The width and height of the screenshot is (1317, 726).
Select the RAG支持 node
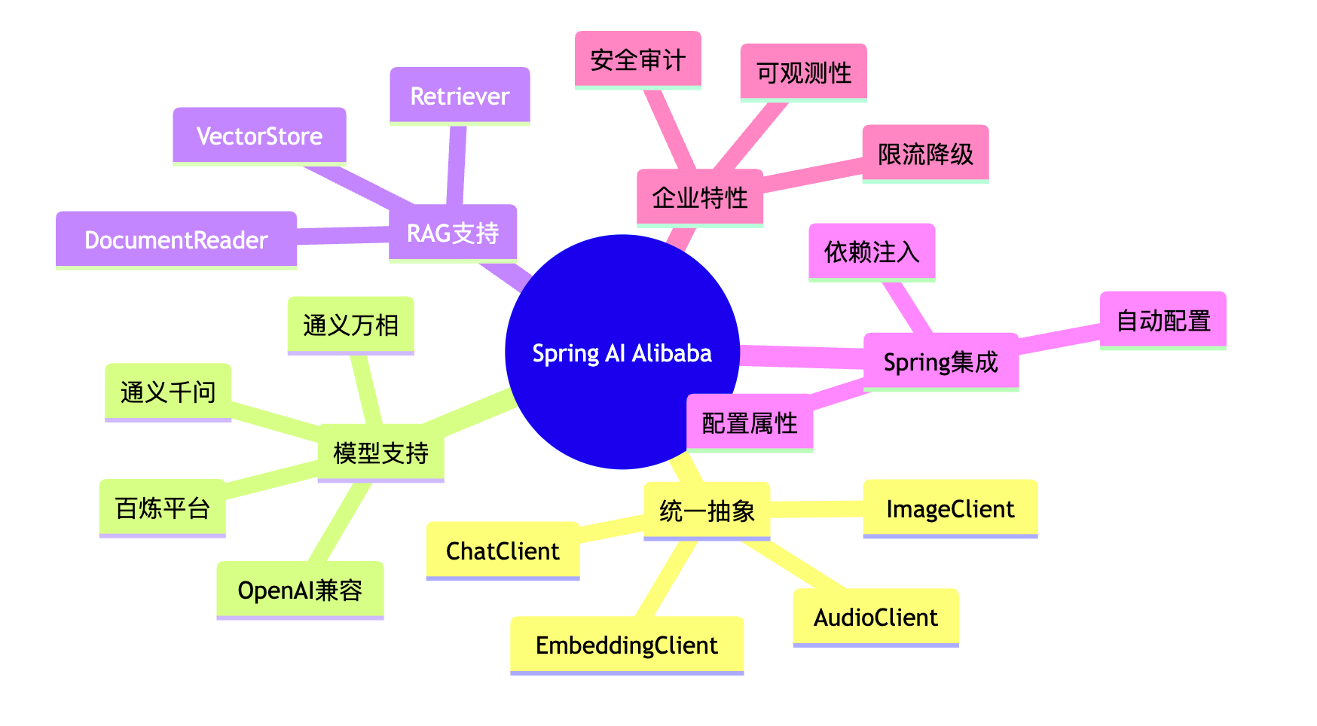coord(453,233)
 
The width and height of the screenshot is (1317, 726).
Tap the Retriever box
coord(460,96)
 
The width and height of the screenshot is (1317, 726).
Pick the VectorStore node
coord(259,136)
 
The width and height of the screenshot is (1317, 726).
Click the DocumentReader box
coord(176,239)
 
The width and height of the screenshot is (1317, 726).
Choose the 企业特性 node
coord(700,197)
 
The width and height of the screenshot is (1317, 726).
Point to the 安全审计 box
coord(638,59)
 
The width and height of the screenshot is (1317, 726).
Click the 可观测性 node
coord(804,72)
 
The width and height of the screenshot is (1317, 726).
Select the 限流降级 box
coord(925,154)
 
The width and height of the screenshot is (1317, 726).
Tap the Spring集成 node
coord(940,361)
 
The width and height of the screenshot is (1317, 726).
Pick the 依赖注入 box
coord(872,252)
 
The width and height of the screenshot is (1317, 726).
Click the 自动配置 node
coord(1163,320)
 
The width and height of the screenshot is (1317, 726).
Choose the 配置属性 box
coord(750,422)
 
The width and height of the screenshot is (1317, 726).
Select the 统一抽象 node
coord(707,511)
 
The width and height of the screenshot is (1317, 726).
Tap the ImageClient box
coord(950,508)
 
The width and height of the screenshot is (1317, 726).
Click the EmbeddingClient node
coord(627,645)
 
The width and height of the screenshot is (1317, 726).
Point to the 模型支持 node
coord(380,452)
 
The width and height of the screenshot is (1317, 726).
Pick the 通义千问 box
coord(168,392)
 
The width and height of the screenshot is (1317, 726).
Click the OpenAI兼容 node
coord(300,590)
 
